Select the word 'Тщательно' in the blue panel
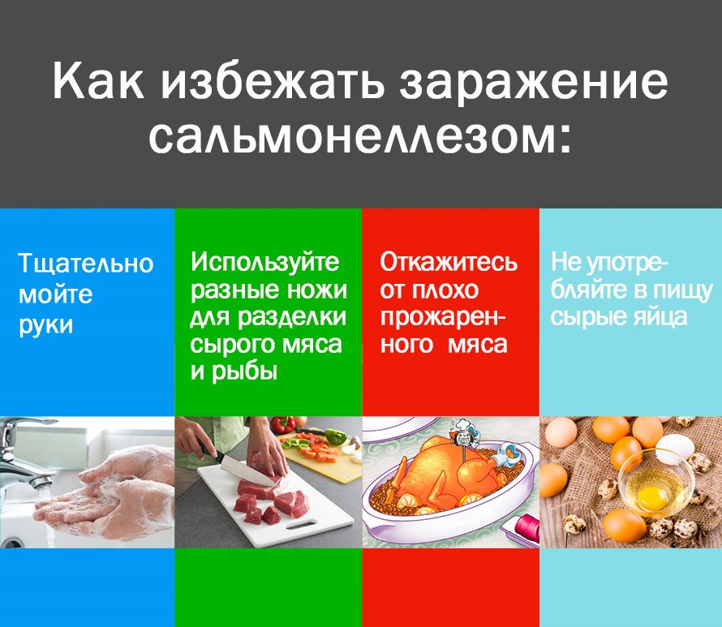pos(85,264)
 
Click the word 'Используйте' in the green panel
pos(265,262)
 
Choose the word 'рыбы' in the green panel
pos(243,371)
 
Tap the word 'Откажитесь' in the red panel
pos(449,263)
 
